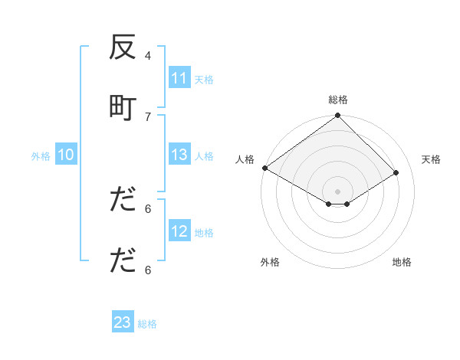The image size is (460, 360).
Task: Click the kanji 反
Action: [x=123, y=48]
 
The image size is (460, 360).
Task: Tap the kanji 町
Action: [x=123, y=108]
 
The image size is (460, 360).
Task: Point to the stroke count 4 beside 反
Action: [x=148, y=55]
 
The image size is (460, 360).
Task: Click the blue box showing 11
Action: [x=179, y=78]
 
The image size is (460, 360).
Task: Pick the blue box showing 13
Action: [x=179, y=155]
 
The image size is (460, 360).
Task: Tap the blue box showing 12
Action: [x=179, y=231]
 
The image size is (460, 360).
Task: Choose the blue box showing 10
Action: [x=66, y=155]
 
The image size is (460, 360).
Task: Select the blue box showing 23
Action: [x=123, y=322]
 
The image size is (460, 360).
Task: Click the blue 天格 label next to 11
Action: [x=204, y=79]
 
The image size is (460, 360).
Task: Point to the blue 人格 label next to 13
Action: [x=204, y=155]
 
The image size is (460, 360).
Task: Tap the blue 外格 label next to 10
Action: [x=41, y=155]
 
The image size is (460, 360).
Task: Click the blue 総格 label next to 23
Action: [x=147, y=323]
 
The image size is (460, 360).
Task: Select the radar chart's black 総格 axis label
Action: [x=338, y=100]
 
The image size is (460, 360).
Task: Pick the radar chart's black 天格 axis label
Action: [x=432, y=159]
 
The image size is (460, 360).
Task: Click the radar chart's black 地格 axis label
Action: [x=402, y=262]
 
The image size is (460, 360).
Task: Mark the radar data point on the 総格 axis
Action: [x=338, y=116]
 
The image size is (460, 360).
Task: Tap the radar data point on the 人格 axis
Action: [x=264, y=168]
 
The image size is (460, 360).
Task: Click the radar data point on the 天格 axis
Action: [x=396, y=173]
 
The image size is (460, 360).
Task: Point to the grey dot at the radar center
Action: [x=338, y=191]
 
